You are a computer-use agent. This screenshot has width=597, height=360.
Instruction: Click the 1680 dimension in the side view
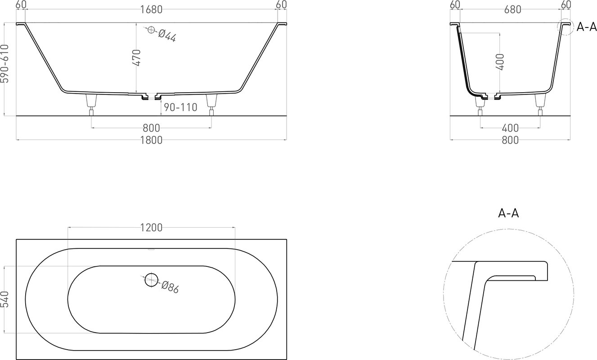coord(151,9)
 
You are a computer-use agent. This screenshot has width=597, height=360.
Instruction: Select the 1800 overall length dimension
coord(151,140)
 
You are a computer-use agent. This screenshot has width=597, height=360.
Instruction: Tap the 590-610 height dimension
coord(5,64)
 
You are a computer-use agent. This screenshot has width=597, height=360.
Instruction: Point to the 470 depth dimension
coord(136,58)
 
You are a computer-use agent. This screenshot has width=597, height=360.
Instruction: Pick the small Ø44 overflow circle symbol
coord(151,30)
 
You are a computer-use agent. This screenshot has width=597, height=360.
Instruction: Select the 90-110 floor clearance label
coord(180,107)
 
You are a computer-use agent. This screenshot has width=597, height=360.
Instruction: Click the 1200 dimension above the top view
coord(151,228)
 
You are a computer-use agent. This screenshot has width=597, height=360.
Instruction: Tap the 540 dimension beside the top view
coord(5,299)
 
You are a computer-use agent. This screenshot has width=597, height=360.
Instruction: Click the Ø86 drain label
coord(170,287)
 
